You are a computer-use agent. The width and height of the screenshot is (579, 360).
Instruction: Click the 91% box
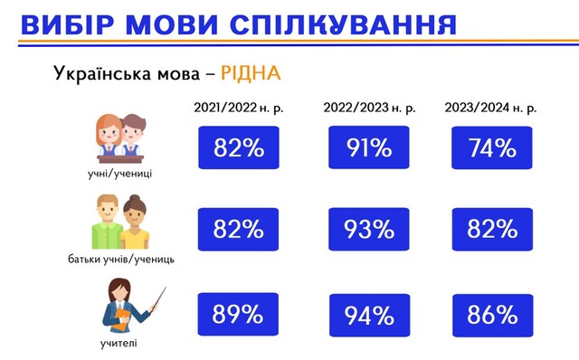click(x=368, y=148)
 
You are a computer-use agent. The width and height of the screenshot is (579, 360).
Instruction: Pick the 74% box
click(x=492, y=148)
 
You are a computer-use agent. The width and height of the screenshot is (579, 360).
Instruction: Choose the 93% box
click(x=368, y=232)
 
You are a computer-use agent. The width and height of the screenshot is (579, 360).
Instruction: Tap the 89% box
click(x=239, y=314)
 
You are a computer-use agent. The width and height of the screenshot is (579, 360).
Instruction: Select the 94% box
click(x=368, y=316)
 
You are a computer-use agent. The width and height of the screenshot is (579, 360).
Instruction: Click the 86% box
click(x=492, y=314)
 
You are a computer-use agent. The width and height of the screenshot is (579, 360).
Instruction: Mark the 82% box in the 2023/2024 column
click(x=492, y=232)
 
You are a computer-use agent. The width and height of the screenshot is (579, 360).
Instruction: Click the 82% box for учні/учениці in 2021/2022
click(x=239, y=148)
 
